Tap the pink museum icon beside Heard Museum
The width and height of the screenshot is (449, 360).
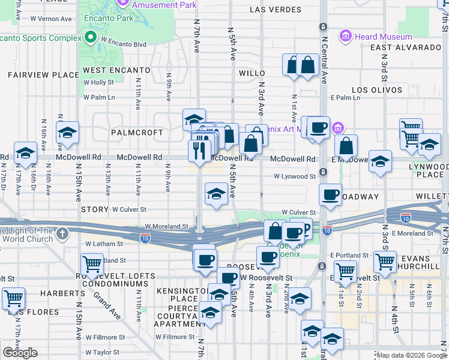(346, 37)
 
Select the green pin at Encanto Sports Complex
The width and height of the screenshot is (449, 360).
(91, 38)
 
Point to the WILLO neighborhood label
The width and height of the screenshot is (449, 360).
(252, 73)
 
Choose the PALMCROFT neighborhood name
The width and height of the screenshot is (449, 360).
(136, 132)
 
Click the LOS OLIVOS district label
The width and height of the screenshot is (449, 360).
(377, 90)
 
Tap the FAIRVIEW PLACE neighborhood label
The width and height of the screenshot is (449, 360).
(43, 75)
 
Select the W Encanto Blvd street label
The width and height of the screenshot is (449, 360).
(124, 44)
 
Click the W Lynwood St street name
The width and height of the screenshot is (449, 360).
(295, 177)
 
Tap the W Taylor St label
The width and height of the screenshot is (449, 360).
(106, 353)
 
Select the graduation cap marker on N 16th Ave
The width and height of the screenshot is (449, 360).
(68, 132)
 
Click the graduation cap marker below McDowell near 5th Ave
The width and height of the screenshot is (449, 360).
(217, 193)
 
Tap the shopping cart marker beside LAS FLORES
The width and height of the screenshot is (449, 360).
(13, 297)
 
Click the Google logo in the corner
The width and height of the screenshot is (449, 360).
(20, 353)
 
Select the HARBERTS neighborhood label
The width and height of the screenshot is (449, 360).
(63, 293)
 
